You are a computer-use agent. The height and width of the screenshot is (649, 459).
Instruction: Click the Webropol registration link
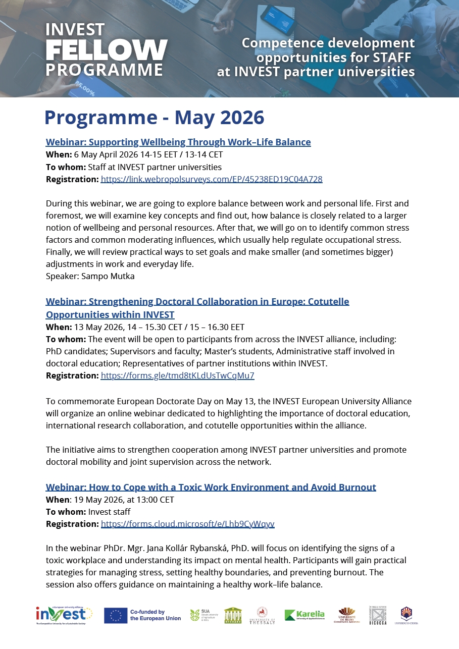tap(212, 179)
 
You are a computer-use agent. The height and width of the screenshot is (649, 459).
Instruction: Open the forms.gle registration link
tap(177, 375)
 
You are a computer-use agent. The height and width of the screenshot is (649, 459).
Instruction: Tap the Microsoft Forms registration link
tap(187, 524)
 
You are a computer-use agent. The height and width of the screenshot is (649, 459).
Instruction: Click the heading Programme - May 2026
tap(154, 118)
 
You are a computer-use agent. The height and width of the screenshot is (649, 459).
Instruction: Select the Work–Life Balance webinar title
tap(178, 142)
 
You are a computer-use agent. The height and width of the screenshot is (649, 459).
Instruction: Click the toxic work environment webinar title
tap(211, 488)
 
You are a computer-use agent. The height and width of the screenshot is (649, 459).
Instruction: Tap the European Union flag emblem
tap(115, 615)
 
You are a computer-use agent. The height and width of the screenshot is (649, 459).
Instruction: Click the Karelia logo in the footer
tap(304, 615)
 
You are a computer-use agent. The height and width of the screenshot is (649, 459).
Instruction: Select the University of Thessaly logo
tap(262, 615)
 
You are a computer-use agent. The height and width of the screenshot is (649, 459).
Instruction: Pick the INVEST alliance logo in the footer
tap(64, 615)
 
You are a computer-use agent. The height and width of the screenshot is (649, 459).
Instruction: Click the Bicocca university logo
tap(377, 615)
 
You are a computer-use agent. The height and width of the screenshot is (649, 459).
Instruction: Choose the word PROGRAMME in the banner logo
tap(104, 69)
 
